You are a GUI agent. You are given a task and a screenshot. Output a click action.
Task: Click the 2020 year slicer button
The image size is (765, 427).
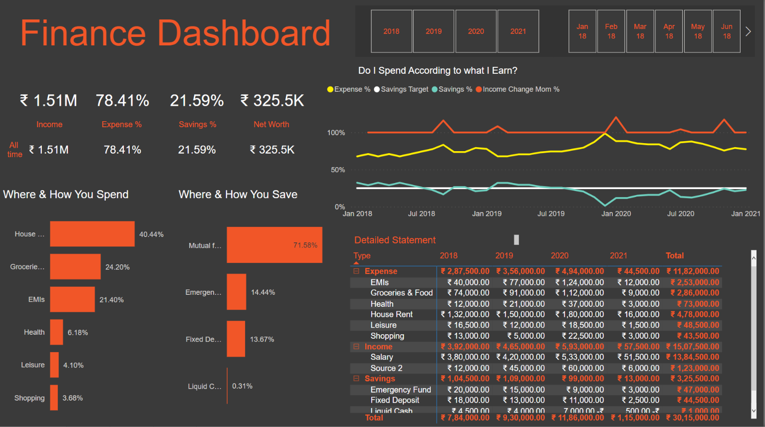476,31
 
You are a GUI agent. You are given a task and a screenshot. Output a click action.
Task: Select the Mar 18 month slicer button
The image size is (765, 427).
640,31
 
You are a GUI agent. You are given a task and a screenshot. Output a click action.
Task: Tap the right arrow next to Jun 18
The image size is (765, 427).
748,31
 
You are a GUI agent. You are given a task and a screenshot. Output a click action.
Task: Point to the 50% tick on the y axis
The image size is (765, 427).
337,170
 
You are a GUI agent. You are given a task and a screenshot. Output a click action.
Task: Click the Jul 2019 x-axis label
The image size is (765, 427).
550,213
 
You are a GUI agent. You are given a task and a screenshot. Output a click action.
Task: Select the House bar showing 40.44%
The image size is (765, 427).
92,234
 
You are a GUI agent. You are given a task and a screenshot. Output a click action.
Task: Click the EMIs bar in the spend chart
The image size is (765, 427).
72,299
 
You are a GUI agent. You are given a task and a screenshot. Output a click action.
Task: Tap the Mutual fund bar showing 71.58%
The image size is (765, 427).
274,245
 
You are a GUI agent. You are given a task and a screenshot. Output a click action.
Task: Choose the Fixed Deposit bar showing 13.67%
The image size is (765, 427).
236,339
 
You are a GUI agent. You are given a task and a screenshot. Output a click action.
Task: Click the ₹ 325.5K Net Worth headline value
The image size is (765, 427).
272,101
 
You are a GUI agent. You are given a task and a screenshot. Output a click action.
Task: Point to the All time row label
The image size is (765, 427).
14,150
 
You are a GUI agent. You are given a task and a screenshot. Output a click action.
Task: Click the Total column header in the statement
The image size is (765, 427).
674,255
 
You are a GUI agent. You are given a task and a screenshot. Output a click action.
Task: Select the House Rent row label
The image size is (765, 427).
391,314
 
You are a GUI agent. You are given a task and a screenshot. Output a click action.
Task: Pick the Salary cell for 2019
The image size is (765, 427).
520,357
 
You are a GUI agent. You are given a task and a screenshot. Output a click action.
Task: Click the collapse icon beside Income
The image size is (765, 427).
356,346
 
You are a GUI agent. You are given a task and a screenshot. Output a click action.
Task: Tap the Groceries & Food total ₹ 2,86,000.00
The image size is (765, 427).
694,293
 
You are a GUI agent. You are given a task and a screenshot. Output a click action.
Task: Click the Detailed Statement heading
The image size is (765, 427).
395,240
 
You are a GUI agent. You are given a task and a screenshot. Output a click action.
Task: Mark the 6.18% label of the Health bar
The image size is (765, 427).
78,332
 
